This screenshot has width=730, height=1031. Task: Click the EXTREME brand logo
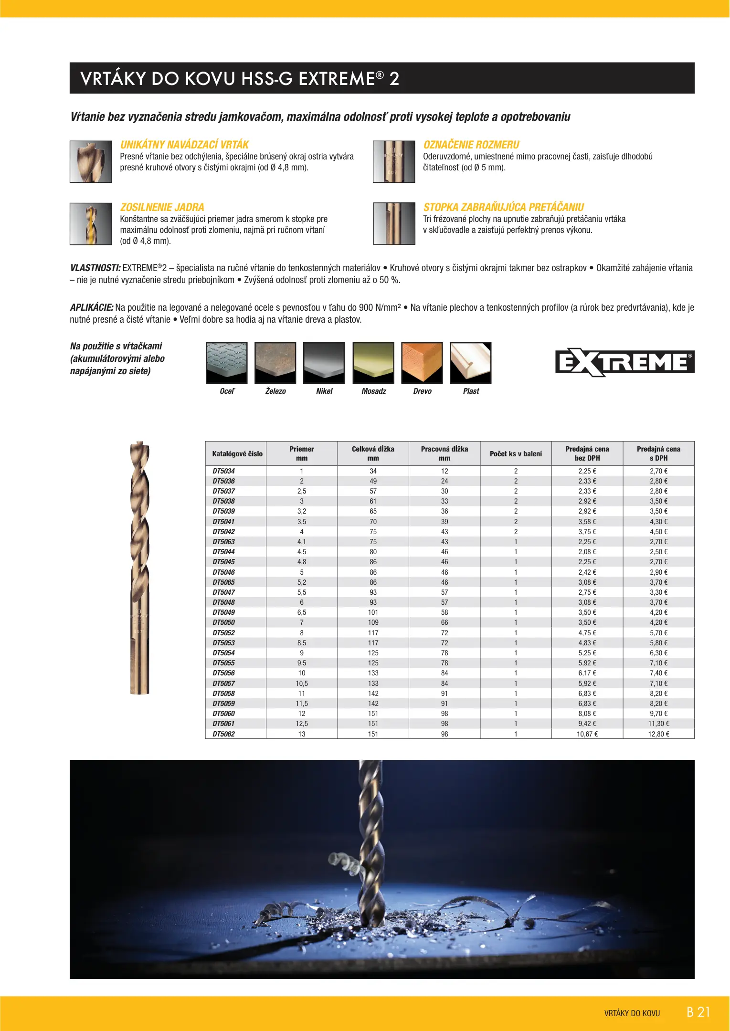(624, 362)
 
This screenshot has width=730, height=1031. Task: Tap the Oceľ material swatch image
(227, 363)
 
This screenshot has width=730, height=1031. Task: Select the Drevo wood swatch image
(422, 363)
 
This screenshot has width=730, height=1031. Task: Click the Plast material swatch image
(471, 363)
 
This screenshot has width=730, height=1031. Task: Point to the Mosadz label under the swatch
(374, 391)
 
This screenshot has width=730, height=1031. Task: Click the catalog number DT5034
(224, 471)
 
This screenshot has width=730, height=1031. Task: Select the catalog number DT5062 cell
(224, 734)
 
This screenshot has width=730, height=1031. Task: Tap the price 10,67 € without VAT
(587, 734)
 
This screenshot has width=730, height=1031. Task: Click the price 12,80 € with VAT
(658, 734)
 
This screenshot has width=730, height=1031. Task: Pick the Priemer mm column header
(302, 453)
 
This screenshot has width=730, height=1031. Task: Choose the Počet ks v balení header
(516, 454)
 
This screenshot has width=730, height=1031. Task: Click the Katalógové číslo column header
(237, 454)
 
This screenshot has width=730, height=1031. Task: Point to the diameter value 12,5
(302, 724)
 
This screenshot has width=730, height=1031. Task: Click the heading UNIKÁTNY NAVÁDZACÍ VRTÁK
(185, 145)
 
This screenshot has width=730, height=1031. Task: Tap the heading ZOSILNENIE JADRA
(162, 207)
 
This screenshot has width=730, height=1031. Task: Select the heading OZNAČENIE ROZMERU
(471, 145)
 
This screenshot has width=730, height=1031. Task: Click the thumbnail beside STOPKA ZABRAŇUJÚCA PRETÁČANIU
(394, 224)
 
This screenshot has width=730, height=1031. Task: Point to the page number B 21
(698, 1012)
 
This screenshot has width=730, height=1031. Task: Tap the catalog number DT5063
(224, 542)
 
